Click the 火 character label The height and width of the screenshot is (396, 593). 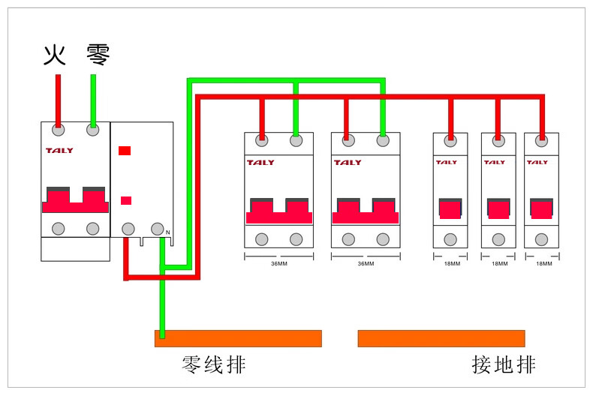click(x=55, y=55)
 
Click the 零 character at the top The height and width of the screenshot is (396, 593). click(x=98, y=55)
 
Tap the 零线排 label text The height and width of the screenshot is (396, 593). click(x=214, y=365)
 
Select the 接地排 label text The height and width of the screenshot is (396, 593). click(x=504, y=365)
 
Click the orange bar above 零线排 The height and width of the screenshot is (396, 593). click(x=238, y=338)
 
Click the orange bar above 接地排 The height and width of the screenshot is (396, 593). click(x=441, y=338)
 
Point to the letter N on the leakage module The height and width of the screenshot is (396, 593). click(x=168, y=232)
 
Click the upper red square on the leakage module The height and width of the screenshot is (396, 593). click(x=125, y=151)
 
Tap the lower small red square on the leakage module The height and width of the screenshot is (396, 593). click(x=126, y=200)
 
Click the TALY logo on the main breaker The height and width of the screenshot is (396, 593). click(x=59, y=151)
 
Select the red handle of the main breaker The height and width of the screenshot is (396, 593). click(x=75, y=201)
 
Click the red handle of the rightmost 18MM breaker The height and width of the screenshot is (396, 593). click(x=541, y=208)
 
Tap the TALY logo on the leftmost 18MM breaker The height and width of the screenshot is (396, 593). click(x=446, y=162)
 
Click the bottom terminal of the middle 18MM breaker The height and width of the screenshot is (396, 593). click(x=498, y=239)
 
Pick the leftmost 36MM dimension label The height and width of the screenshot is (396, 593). click(x=278, y=263)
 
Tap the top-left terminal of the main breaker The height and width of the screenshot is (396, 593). click(x=58, y=130)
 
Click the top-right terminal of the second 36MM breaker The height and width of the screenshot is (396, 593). click(x=383, y=139)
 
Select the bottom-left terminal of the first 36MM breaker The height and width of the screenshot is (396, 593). click(x=262, y=239)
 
